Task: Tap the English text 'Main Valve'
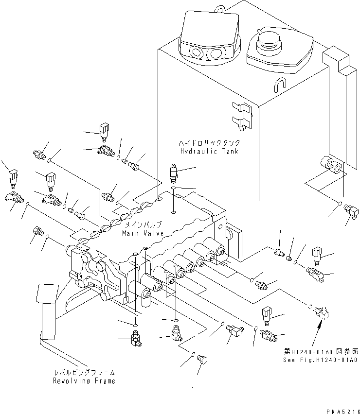point(143,233)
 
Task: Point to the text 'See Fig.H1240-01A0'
point(321,360)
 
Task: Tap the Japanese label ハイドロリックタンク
point(210,144)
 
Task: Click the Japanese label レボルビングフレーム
point(85,373)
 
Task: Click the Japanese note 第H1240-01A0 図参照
point(322,351)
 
